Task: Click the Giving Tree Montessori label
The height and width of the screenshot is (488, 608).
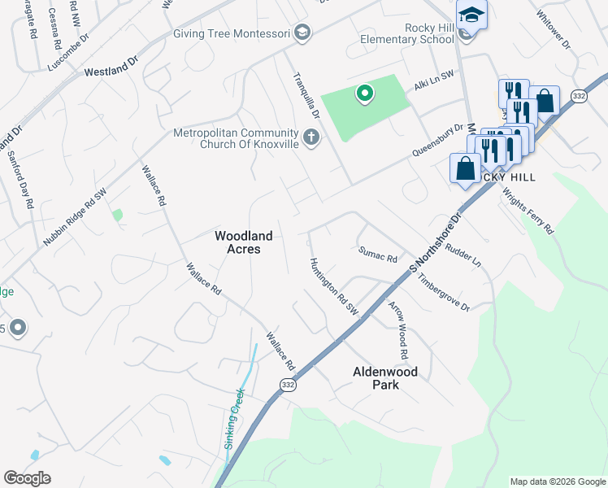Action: click(231, 33)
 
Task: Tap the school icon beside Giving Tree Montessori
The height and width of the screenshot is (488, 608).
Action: click(302, 33)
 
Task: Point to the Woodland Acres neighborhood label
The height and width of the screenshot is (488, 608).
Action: click(243, 242)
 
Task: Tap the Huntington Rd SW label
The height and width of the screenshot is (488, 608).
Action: click(333, 286)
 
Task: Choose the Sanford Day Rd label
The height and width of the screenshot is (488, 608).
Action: click(21, 180)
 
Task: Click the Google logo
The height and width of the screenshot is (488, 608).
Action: click(27, 477)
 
